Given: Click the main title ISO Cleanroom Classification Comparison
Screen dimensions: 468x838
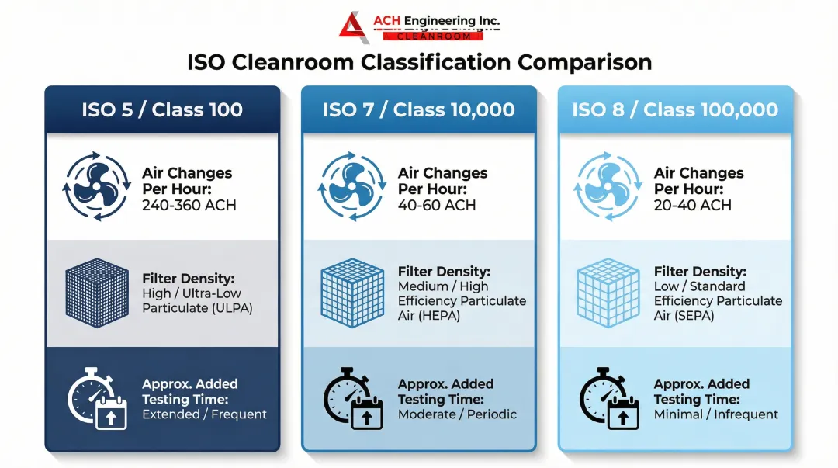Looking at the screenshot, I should coord(419,62).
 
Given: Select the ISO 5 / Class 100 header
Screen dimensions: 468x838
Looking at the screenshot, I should coord(162,109).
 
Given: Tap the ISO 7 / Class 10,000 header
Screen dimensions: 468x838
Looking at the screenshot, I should coord(419,109).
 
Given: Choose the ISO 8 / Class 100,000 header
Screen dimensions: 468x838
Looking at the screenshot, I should coord(675,109).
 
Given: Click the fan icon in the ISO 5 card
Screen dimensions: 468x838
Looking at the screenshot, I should coord(95,187).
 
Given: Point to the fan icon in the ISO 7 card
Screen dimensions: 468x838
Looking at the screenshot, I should coord(351,187).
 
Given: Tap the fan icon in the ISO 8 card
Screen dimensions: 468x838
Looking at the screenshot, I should coord(608,187).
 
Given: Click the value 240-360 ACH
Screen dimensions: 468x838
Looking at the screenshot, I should coord(189,206).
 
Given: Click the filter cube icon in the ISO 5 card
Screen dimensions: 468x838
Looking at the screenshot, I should coord(96,292).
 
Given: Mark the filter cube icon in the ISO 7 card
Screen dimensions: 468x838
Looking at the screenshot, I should coord(351,292).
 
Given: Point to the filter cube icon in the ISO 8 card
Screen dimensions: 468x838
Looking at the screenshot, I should coord(608,292).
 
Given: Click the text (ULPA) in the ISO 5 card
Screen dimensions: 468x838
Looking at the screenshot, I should coord(230,308).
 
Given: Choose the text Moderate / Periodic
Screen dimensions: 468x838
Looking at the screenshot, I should coord(457,414).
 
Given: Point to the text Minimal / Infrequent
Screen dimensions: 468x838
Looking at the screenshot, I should coord(716,414).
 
